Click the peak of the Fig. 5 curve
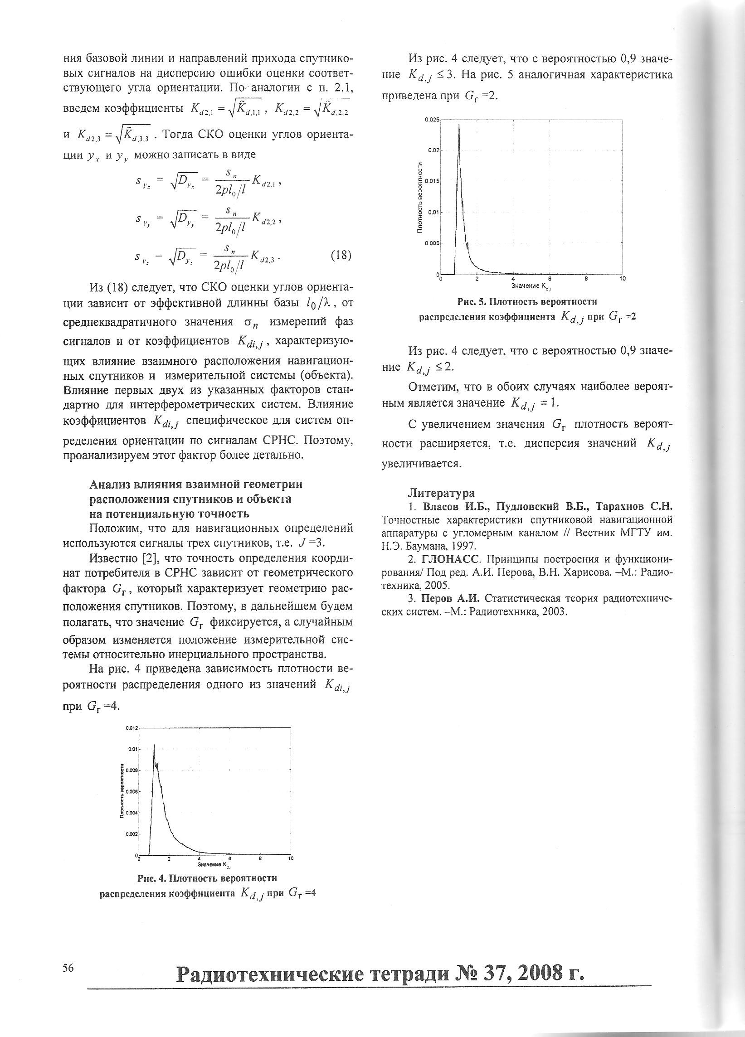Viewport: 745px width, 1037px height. [x=459, y=125]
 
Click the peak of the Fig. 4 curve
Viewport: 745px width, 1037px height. [x=154, y=745]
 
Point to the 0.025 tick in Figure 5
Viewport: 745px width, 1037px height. [x=432, y=120]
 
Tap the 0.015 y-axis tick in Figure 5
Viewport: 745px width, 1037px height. [x=432, y=181]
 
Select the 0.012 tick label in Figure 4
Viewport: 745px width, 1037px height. [x=130, y=727]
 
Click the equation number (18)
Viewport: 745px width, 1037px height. [x=340, y=255]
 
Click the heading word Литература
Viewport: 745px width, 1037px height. [x=441, y=493]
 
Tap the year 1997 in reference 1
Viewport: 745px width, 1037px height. [x=466, y=546]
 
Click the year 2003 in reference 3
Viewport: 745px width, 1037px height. [x=555, y=612]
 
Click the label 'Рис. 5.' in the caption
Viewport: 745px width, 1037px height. [x=472, y=302]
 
